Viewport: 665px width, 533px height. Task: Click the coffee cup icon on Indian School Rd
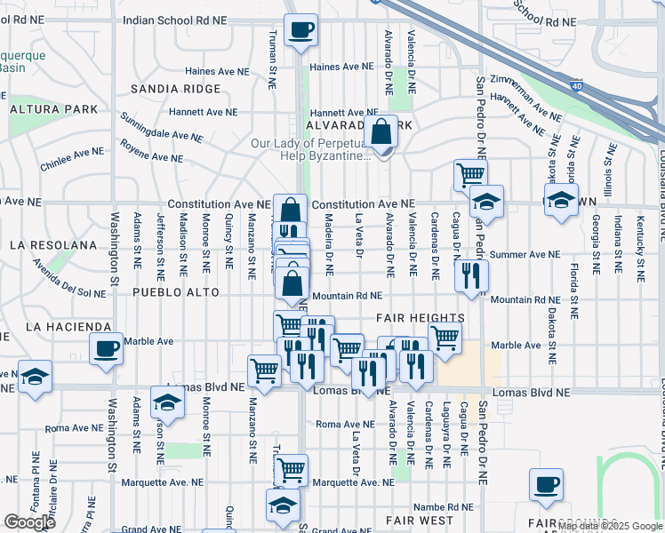coord(300,30)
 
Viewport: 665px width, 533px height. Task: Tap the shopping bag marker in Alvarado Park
coord(381,132)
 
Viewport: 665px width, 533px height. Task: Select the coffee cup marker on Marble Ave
coord(106,348)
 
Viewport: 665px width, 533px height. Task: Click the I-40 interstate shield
coord(575,85)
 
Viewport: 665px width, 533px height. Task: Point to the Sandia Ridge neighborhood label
coord(175,89)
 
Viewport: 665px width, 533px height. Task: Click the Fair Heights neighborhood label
coord(420,318)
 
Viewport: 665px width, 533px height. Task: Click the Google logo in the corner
coord(29,522)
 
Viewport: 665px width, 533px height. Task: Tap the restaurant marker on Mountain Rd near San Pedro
coord(470,275)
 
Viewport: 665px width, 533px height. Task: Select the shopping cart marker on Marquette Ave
coord(291,470)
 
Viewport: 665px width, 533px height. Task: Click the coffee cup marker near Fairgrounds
coord(546,485)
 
